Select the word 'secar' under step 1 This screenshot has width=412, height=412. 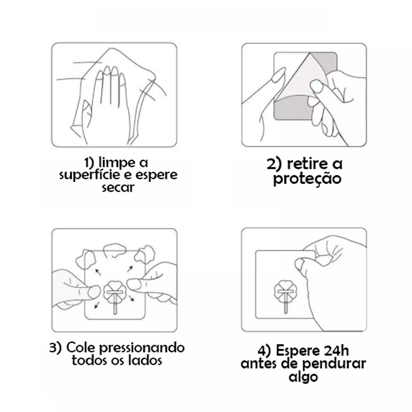pos(118,188)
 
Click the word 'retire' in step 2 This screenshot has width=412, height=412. pos(307,164)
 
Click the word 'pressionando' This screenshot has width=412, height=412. pos(142,348)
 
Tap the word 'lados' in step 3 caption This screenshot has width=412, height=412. pos(145,360)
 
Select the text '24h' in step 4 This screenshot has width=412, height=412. pos(337,350)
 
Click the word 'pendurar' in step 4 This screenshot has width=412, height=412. pos(333,364)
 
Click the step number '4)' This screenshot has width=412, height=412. pos(264,351)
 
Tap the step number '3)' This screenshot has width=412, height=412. pos(55,348)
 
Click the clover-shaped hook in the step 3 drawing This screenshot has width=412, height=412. pos(115,295)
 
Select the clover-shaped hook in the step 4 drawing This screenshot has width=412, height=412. pos(286,295)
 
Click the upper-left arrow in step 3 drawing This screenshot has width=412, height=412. pos(98,272)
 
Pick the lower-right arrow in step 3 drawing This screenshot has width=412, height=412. pos(131,298)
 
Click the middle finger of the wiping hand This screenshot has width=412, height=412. pos(107,84)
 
